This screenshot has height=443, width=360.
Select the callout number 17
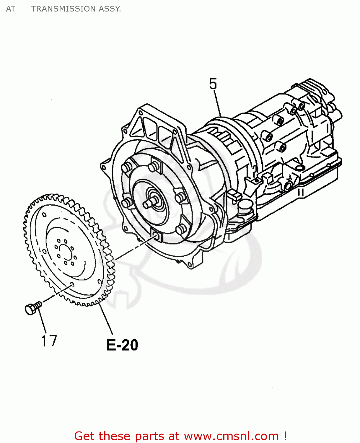(49, 341)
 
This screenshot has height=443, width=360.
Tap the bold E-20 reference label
(122, 345)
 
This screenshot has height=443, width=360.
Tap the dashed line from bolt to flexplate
(56, 294)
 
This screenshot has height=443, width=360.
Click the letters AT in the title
(10, 9)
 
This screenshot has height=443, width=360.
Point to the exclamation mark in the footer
(285, 436)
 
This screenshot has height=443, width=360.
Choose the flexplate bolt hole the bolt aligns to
(72, 285)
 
